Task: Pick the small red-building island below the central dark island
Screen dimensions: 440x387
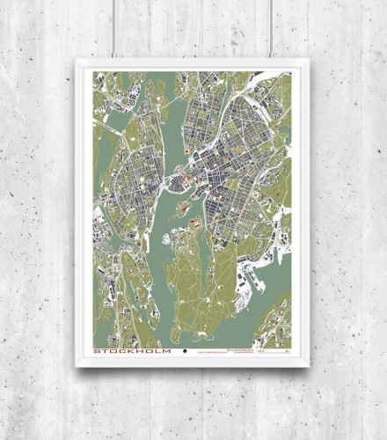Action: click(183, 209)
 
